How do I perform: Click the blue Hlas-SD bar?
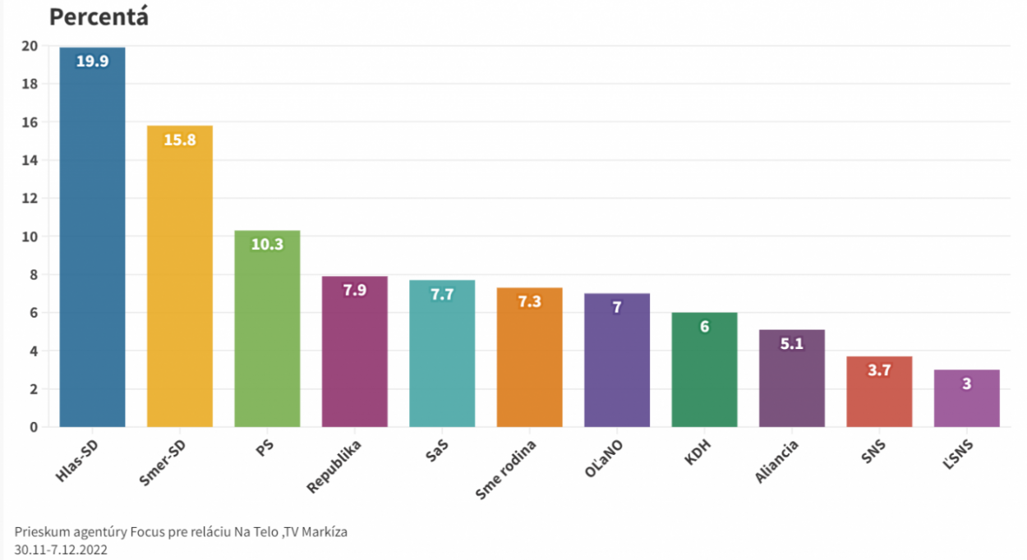(92, 246)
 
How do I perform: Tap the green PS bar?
(267, 337)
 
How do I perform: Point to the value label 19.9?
(92, 61)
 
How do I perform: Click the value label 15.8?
(179, 140)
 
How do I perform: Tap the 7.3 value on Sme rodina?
(529, 301)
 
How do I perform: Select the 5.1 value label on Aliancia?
(792, 344)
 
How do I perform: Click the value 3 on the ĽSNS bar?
(967, 383)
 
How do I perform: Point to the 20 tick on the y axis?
(30, 46)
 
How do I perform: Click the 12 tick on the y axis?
(30, 199)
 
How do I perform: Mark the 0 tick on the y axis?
(34, 427)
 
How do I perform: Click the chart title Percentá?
(99, 16)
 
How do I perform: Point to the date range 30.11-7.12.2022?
(61, 549)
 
